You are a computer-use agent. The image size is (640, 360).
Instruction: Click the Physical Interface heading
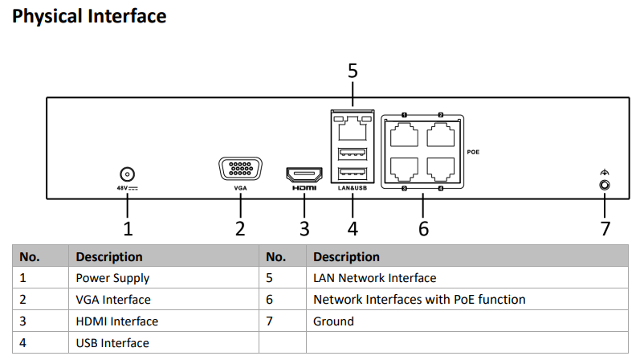pos(90,16)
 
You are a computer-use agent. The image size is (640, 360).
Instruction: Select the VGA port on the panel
pos(239,170)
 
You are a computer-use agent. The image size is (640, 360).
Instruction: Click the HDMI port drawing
pos(304,174)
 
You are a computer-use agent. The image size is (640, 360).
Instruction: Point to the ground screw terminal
pos(605,185)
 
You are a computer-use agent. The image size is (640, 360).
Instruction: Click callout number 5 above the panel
pos(352,71)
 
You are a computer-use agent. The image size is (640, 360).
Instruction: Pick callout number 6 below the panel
pos(423,229)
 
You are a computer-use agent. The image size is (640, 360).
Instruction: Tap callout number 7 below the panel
pos(605,229)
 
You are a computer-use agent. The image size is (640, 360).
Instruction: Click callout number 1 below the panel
pos(127,229)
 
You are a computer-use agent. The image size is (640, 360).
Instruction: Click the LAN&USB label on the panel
pos(352,188)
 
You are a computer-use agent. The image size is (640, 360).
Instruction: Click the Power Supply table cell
pos(112,278)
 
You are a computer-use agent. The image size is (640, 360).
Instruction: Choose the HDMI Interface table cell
pos(117,321)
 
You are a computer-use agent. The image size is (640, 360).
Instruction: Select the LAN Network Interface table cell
pos(374,278)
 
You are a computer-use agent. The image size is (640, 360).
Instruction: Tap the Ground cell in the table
pos(333,321)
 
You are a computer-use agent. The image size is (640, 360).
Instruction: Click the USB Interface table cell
pos(112,343)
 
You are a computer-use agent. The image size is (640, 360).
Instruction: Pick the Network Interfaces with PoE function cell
pos(419,300)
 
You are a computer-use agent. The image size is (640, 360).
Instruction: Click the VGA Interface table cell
pos(113,300)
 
